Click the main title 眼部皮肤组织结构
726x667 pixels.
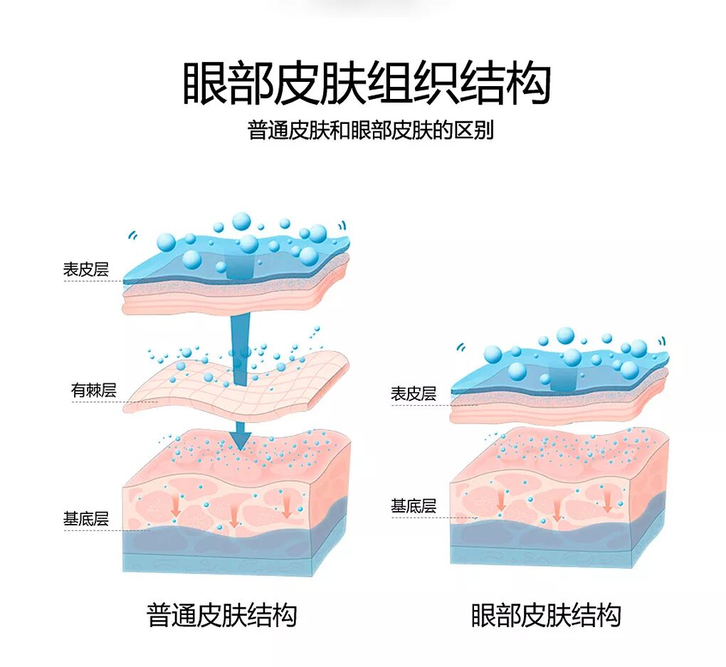coord(367,84)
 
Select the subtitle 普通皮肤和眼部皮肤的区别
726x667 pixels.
coord(370,131)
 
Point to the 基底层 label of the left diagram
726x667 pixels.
coord(85,519)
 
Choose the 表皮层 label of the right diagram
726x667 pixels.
coord(413,394)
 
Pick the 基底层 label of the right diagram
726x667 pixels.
coord(413,506)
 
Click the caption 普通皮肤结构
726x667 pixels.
coord(221,615)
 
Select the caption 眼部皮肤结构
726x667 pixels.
coord(546,615)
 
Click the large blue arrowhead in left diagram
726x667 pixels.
coord(241,436)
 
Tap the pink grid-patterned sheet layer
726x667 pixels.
coord(235,384)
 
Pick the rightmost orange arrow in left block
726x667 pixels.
coord(287,506)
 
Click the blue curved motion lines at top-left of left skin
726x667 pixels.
coord(131,235)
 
